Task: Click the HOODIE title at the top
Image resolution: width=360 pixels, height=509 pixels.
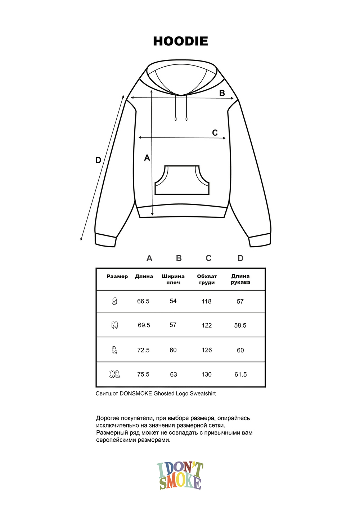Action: (x=180, y=41)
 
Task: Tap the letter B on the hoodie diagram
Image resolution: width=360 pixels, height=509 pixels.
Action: (x=222, y=93)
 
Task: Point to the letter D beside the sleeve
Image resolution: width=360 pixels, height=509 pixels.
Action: (x=98, y=160)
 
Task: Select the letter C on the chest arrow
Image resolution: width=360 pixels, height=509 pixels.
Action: (x=215, y=133)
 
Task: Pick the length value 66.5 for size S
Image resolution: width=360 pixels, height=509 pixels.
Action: (x=143, y=301)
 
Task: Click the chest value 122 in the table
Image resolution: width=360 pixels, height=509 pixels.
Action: (x=207, y=325)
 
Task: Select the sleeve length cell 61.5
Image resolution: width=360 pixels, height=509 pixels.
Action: (x=240, y=374)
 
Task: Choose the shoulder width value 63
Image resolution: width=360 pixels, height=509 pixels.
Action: (x=174, y=374)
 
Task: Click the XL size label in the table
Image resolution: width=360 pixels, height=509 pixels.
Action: (x=115, y=374)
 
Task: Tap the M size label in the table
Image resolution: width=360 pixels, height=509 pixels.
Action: (x=114, y=325)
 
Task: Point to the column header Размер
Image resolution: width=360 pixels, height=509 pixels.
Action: (x=117, y=276)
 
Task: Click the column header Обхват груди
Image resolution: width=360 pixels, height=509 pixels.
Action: (x=207, y=279)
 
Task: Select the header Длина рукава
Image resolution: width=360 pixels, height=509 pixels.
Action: (x=240, y=279)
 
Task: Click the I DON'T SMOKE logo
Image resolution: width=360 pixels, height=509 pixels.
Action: (x=180, y=476)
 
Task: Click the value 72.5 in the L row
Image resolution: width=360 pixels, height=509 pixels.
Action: (x=143, y=350)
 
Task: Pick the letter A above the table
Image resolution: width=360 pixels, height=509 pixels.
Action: (x=149, y=258)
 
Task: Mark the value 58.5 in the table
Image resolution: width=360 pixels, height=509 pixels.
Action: (x=240, y=325)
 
